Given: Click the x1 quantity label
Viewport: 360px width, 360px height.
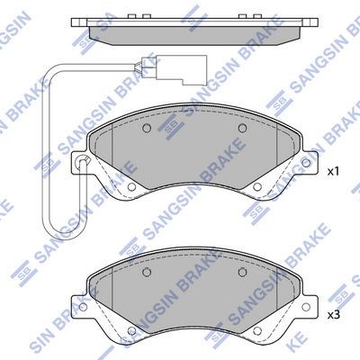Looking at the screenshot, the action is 333,172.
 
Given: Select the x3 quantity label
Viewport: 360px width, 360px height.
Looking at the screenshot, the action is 333,315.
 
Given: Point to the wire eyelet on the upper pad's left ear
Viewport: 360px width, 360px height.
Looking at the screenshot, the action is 82,160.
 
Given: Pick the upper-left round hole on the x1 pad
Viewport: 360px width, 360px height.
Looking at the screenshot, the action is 147,129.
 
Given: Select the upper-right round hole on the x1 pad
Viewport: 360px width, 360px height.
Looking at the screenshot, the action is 242,129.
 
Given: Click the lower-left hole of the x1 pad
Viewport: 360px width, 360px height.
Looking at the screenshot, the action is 131,187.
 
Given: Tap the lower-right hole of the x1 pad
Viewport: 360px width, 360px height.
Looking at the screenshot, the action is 256,187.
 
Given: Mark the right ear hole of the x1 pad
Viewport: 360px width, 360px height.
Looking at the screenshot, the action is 306,163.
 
